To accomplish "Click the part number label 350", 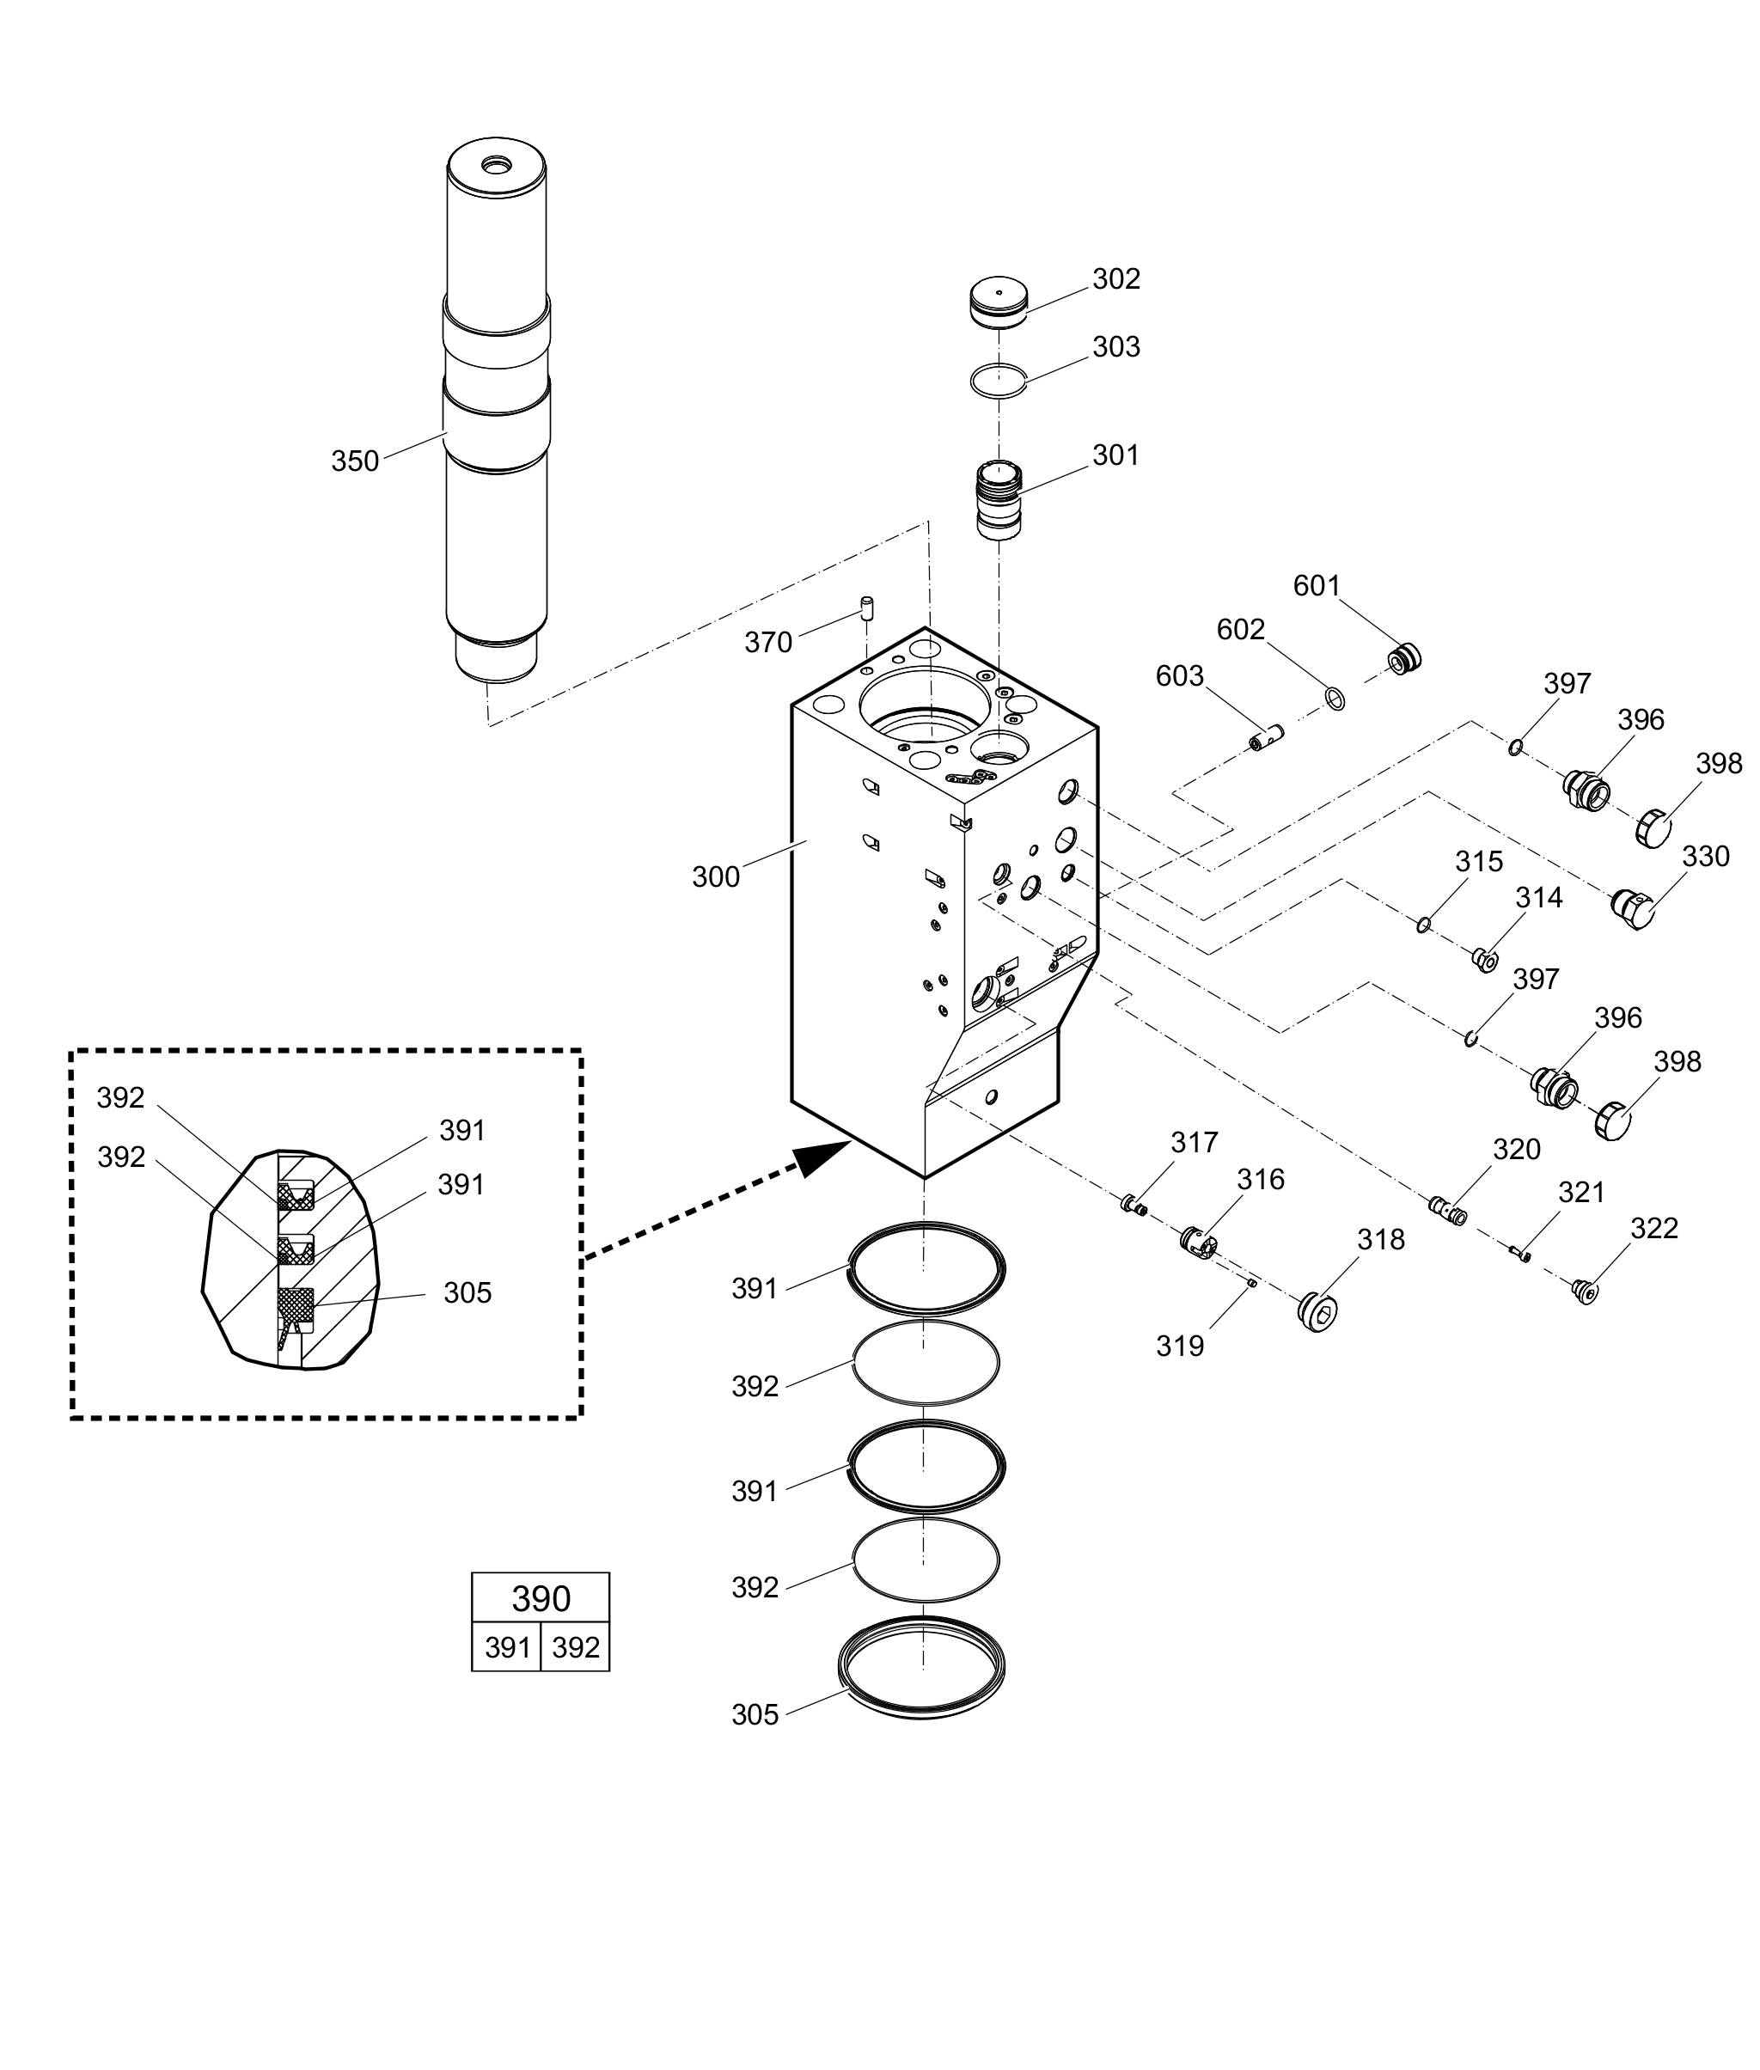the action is click(x=355, y=461).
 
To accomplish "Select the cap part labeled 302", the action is click(x=999, y=302).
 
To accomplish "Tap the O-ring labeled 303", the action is click(x=999, y=379).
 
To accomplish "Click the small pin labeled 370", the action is click(x=867, y=608).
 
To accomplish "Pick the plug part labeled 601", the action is click(x=1406, y=658).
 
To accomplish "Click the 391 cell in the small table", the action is click(x=506, y=1646).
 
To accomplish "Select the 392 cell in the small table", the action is click(x=575, y=1646).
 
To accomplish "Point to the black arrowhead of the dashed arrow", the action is click(x=824, y=1158).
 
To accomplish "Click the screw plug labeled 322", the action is click(x=1585, y=1293).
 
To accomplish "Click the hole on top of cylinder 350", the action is click(x=496, y=162).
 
